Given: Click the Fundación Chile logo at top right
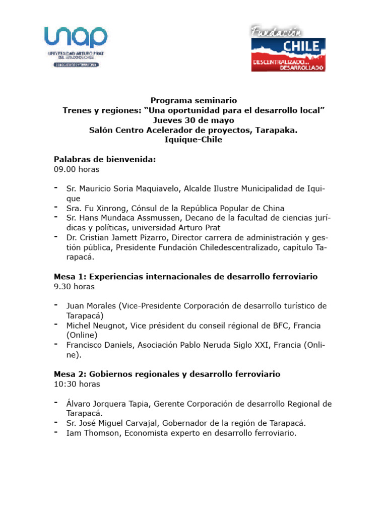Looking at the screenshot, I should (x=288, y=48).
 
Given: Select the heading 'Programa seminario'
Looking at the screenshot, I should (x=193, y=101).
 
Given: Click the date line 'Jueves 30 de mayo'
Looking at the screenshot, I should (x=193, y=120).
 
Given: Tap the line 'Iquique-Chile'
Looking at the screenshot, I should (x=193, y=140).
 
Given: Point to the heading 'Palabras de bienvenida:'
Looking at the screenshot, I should (x=105, y=159).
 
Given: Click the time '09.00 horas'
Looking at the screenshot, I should (x=77, y=169).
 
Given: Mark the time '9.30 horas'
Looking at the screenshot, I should (x=74, y=287).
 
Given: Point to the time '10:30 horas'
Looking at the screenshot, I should (x=77, y=384).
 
